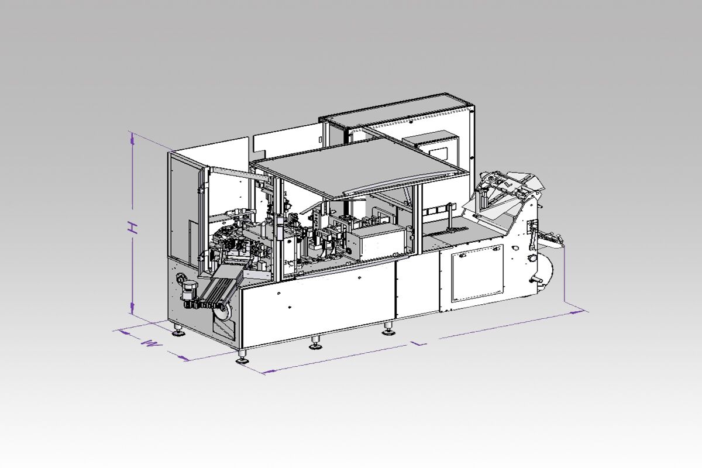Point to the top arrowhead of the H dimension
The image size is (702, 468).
(133, 139)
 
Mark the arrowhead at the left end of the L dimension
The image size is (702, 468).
(269, 371)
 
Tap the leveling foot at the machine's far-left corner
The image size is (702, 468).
(178, 330)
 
